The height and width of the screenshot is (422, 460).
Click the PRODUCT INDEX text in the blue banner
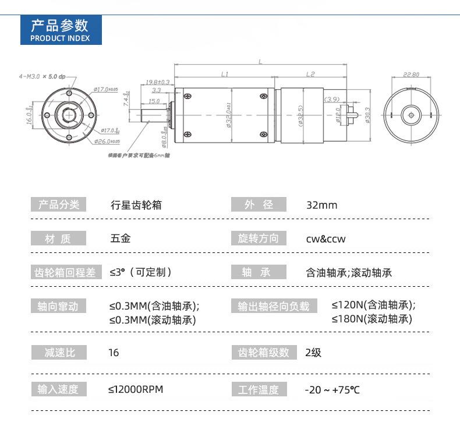point(60,38)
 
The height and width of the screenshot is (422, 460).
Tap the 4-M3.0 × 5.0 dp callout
point(43,76)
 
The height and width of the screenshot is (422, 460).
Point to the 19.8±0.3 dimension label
point(157,82)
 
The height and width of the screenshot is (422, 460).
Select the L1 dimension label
point(225,74)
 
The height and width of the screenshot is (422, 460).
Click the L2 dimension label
point(310,74)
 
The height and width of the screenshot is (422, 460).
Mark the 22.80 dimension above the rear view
point(411,75)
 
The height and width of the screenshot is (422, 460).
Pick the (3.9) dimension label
point(331,99)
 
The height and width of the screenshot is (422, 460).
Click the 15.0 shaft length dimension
point(154,101)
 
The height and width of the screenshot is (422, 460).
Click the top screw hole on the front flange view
point(69,93)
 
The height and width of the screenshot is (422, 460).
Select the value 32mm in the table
point(321,205)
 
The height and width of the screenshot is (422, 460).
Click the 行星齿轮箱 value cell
point(136,205)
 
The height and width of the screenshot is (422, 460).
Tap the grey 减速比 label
point(58,353)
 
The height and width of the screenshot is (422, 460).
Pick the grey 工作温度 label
point(259,389)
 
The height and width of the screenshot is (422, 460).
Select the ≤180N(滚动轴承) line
point(372,319)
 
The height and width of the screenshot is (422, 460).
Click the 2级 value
point(313,353)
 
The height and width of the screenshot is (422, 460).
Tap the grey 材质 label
point(58,238)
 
